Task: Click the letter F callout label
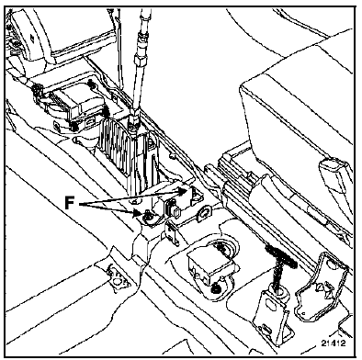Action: pyautogui.click(x=70, y=203)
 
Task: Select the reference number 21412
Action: pyautogui.click(x=334, y=343)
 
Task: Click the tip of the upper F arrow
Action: pyautogui.click(x=187, y=190)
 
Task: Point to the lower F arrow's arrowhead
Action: pyautogui.click(x=140, y=213)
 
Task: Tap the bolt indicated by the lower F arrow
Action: pyautogui.click(x=148, y=217)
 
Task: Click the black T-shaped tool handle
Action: pyautogui.click(x=281, y=253)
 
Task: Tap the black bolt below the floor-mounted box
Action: pyautogui.click(x=217, y=287)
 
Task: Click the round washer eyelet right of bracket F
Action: pyautogui.click(x=205, y=214)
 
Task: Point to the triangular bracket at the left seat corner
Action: pyautogui.click(x=118, y=276)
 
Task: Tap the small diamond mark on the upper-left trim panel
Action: pyautogui.click(x=32, y=38)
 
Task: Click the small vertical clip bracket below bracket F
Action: pyautogui.click(x=172, y=232)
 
